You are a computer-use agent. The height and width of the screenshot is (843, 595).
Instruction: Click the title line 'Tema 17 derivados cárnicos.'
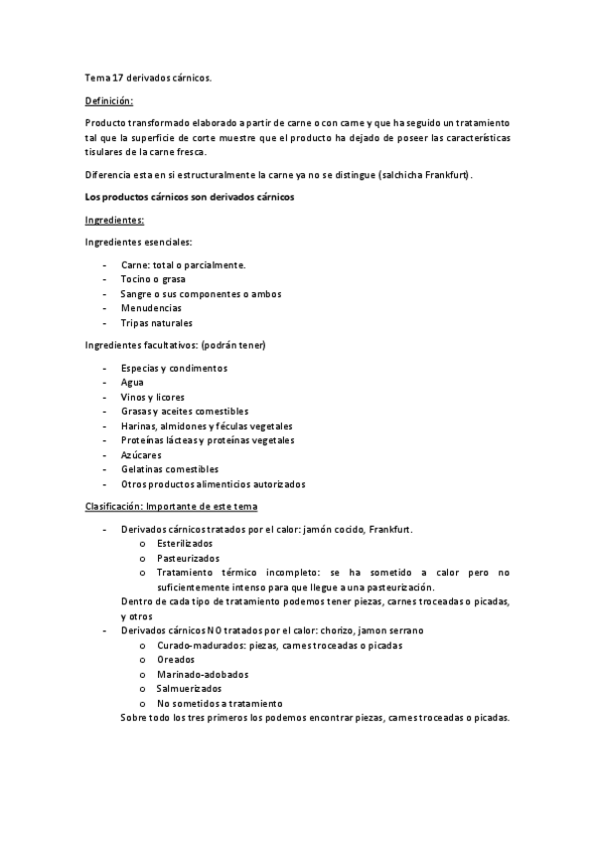[148, 77]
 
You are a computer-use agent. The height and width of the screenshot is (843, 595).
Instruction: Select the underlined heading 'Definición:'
[109, 100]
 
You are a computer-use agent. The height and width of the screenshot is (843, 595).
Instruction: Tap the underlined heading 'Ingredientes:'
[115, 220]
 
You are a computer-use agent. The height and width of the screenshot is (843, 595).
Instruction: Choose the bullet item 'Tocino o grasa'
[153, 279]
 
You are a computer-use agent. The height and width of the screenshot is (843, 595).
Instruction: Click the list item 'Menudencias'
[151, 308]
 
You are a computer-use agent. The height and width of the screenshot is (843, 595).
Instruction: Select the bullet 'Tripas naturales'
[157, 323]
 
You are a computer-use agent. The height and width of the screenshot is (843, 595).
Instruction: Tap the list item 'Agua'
[131, 382]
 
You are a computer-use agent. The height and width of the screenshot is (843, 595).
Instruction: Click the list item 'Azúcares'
[141, 455]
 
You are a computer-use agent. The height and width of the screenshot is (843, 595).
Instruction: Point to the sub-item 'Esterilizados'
[185, 544]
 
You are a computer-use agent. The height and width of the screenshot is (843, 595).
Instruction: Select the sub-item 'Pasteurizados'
[186, 558]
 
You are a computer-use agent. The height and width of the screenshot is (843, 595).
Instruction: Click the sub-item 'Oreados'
[175, 659]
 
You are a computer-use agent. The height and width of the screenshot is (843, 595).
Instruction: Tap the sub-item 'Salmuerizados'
[189, 688]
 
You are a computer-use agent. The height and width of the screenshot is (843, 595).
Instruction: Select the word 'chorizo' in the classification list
[338, 630]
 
